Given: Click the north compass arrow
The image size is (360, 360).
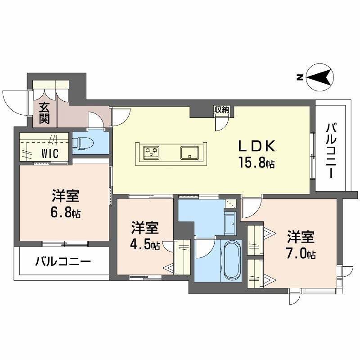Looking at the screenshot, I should coord(320,78).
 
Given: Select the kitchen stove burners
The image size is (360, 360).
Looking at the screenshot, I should coord(151,152).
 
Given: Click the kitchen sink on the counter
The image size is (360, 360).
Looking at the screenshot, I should coord(189,153).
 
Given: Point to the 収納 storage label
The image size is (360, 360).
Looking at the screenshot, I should coord(222,109).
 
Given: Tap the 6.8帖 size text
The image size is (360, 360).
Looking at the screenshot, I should coord(66,213).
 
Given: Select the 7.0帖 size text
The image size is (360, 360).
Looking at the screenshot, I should coord(301,254).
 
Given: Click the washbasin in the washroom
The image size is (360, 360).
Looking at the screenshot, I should coord(230,223).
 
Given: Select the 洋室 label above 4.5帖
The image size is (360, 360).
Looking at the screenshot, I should coord(145,229).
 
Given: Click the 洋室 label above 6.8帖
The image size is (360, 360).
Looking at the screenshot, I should coord(66,197).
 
